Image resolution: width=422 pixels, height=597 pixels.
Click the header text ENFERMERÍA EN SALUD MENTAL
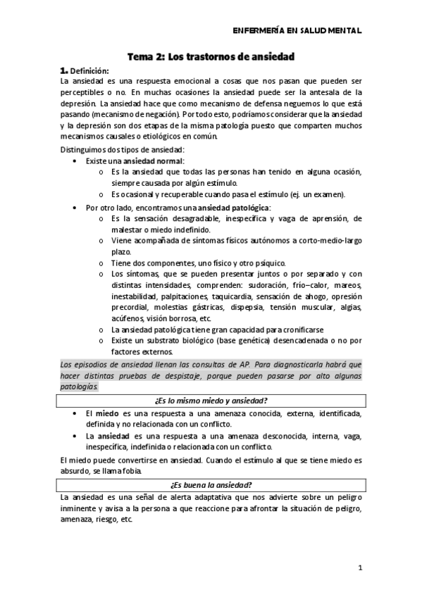[297, 31]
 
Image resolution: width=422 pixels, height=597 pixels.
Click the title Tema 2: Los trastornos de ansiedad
[210, 56]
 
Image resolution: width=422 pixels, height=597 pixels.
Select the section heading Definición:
[89, 70]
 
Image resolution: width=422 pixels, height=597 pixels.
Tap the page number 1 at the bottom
[359, 567]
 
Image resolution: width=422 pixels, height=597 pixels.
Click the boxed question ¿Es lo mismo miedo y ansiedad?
[211, 401]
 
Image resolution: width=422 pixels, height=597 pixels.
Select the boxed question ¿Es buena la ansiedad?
[211, 486]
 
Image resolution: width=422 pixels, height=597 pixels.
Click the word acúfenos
[127, 318]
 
